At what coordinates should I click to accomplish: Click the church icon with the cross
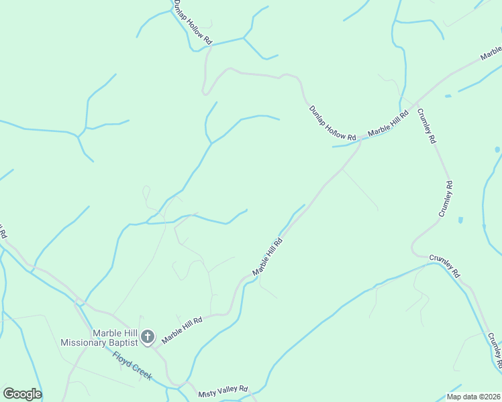(148, 337)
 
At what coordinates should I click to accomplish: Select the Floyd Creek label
(132, 366)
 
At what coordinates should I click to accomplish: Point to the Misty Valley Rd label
(223, 389)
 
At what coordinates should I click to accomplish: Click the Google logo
(22, 394)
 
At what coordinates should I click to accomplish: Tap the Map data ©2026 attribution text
(473, 397)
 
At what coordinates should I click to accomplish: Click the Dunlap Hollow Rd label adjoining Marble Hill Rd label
(332, 123)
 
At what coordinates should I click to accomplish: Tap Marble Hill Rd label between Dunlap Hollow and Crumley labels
(389, 125)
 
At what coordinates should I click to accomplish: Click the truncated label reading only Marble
(491, 52)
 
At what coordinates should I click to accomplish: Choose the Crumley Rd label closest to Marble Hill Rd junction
(427, 127)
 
